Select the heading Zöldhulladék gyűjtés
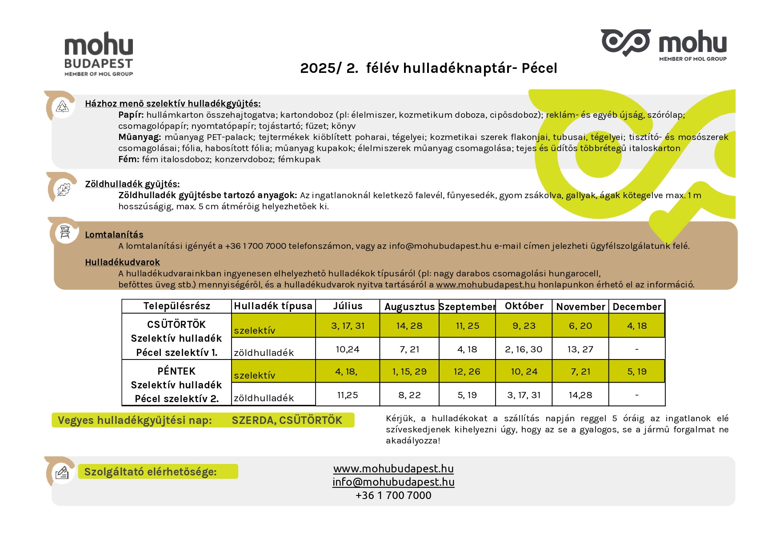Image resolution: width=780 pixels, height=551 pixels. pos(132,184)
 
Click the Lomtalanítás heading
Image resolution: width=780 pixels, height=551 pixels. pos(114,235)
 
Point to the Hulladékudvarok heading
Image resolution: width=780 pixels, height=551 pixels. pos(122,262)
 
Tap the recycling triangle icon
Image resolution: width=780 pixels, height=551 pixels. pos(63,107)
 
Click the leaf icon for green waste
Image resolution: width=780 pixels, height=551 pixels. pos(64,189)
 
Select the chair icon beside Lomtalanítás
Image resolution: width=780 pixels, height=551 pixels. pos(65,232)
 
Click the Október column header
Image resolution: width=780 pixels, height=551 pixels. pos(524,306)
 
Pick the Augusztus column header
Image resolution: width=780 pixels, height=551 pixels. pos(409,307)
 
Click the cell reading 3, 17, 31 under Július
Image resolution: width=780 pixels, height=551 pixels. pos(348,326)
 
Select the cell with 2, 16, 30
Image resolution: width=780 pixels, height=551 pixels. pos(524,349)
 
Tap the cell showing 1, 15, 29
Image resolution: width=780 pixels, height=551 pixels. pos(409,371)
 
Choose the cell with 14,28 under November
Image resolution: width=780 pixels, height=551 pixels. pos(580,395)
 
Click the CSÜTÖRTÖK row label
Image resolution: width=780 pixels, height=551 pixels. pos(176,324)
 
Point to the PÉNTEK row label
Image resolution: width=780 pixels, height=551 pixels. pos(176,371)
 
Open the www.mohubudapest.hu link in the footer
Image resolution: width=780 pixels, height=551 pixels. pos(393,469)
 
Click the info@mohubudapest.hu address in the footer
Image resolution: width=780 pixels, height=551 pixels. pos(393,482)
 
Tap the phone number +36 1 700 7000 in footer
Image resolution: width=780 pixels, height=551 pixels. pos(393,495)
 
